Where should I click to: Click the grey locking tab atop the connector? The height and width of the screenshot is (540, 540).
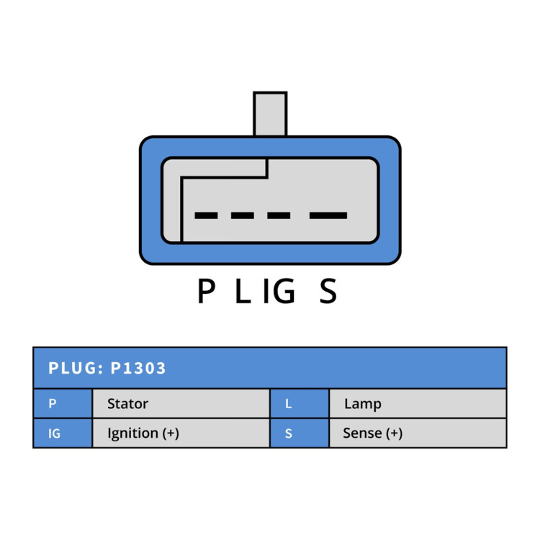click(270, 114)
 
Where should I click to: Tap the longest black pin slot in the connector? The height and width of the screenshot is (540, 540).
click(328, 215)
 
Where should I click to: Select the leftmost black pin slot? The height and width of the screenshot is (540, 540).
click(206, 215)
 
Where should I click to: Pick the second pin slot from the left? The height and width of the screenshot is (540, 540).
click(243, 215)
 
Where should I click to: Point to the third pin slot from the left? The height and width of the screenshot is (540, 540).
click(279, 215)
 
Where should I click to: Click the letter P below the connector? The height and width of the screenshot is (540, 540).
click(207, 291)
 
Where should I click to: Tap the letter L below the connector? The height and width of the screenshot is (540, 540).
click(243, 291)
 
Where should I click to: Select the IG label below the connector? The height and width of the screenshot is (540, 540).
click(279, 291)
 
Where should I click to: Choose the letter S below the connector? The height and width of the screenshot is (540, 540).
click(328, 291)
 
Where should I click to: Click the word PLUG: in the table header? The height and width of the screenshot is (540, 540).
click(76, 368)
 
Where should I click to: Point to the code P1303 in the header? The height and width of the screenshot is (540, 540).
click(138, 368)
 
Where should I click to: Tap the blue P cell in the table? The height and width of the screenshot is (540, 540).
click(63, 403)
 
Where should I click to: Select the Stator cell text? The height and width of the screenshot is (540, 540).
click(127, 404)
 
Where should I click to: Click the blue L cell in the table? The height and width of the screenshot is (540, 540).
click(300, 403)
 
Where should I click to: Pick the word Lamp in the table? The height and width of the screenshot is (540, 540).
click(363, 404)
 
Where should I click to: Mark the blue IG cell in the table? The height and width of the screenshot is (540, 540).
click(63, 433)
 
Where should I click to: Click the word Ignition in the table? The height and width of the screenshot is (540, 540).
click(132, 433)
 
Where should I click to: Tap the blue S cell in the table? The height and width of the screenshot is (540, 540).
click(300, 433)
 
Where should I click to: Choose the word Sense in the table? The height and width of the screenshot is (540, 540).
click(362, 433)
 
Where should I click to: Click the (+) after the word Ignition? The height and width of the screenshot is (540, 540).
click(171, 433)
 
